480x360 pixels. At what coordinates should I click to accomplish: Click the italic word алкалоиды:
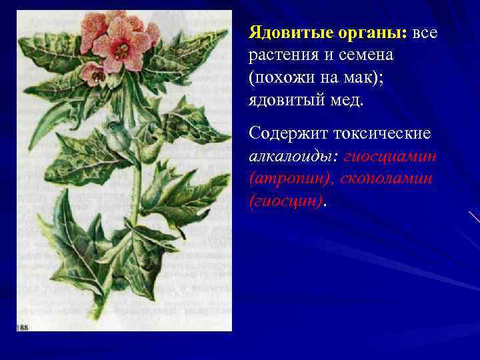[289, 155]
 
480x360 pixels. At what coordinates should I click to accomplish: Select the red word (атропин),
[287, 178]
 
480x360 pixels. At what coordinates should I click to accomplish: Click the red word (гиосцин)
[285, 201]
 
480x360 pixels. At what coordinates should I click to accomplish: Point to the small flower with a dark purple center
[96, 75]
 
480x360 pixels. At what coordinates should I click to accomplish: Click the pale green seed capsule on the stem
[120, 137]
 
